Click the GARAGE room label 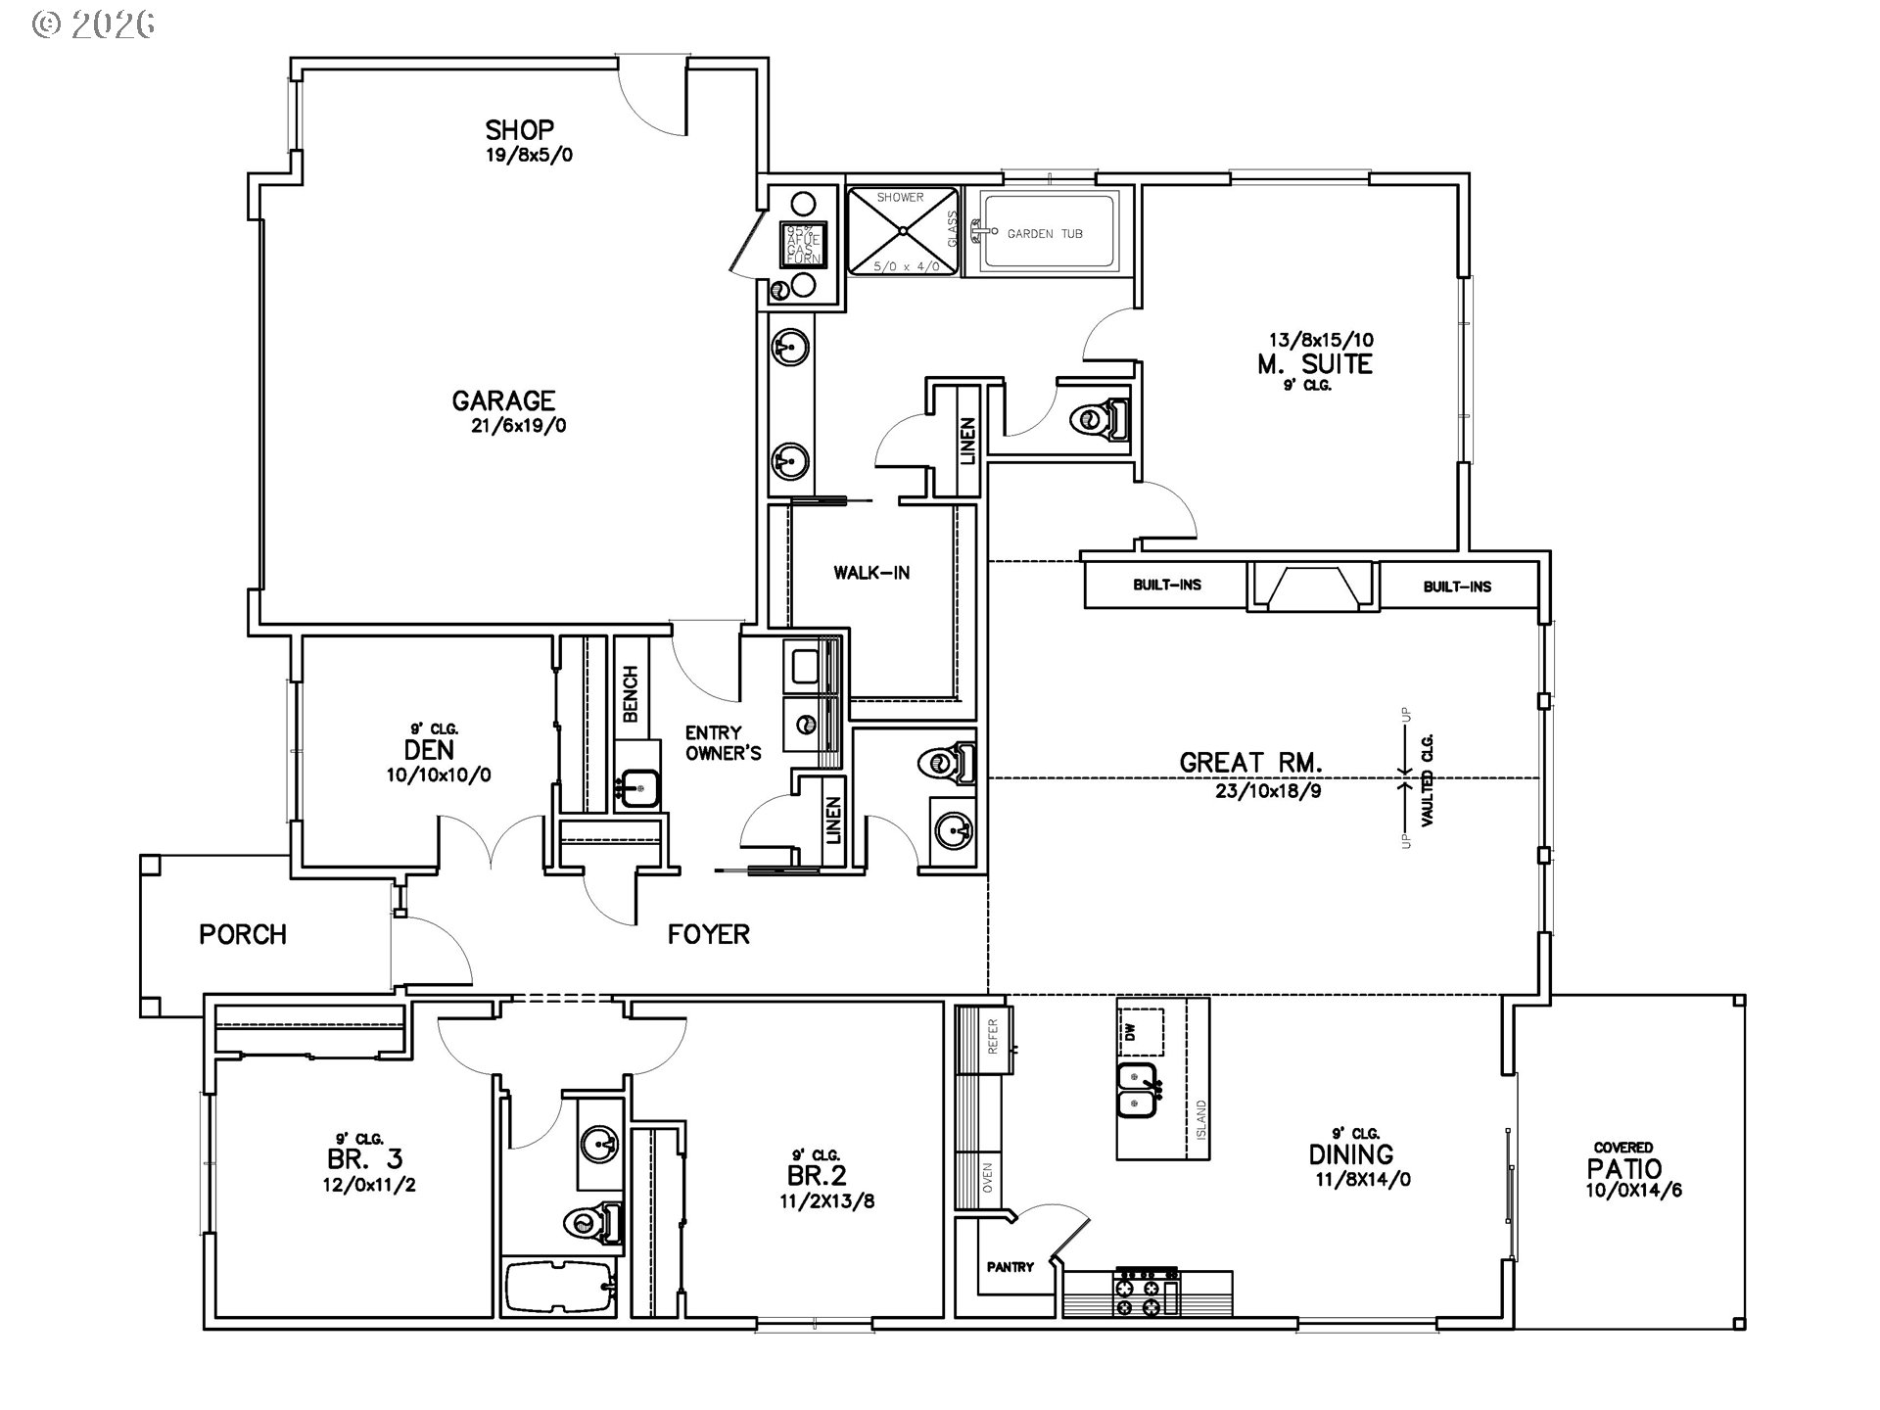tap(503, 399)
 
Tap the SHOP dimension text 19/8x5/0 tap(530, 155)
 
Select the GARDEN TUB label tap(1044, 234)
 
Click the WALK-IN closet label tap(871, 573)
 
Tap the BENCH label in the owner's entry tap(631, 694)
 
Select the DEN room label tap(429, 750)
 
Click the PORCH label tap(243, 934)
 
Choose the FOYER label tap(708, 934)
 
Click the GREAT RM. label tap(1250, 762)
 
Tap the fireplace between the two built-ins tap(1312, 587)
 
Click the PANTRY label tap(1010, 1267)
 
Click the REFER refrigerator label tap(992, 1036)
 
